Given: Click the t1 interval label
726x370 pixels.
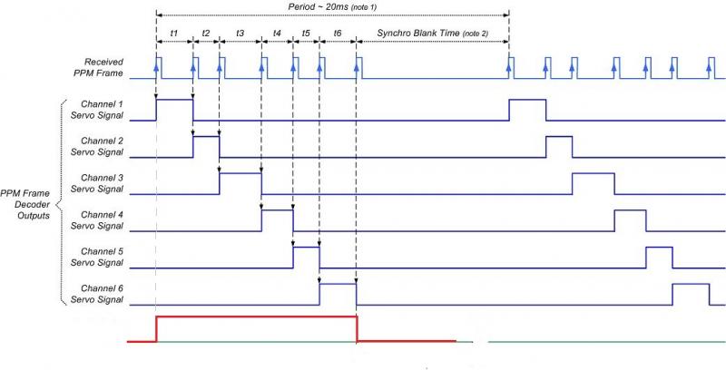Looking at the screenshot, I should (x=173, y=33).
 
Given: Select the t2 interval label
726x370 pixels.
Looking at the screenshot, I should (x=206, y=33).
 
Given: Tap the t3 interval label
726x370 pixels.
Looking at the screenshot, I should (x=240, y=33).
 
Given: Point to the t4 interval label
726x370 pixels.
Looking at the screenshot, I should (x=277, y=33).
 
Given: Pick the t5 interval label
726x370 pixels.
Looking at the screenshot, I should (x=306, y=33).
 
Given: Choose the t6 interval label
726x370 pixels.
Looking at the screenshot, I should (x=338, y=33).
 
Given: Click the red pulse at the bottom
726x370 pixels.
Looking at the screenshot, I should (x=257, y=317).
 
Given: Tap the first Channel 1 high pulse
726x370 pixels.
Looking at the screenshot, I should (x=174, y=100).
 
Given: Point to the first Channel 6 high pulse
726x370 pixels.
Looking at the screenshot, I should (x=338, y=285).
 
